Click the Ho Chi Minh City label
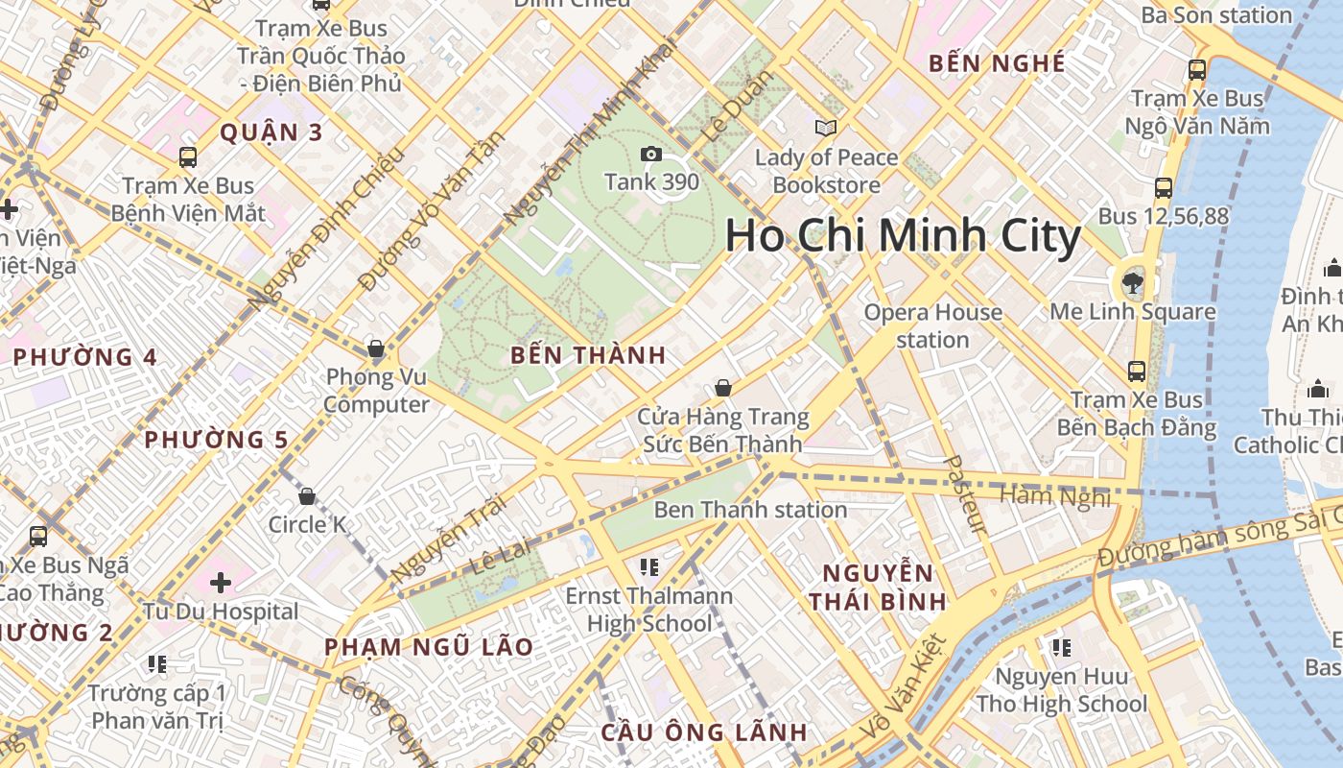tap(903, 236)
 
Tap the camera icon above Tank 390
tap(650, 154)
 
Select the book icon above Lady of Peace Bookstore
tap(825, 128)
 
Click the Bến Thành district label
tap(588, 355)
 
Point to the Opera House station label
tap(932, 325)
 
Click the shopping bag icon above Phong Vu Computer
tap(376, 348)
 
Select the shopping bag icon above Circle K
tap(307, 496)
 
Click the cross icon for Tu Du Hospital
tap(221, 582)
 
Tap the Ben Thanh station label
tap(750, 510)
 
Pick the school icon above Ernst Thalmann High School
tap(649, 567)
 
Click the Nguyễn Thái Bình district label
tap(877, 588)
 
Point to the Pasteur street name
tap(965, 493)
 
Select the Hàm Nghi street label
tap(1054, 496)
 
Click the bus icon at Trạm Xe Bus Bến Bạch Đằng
tap(1137, 371)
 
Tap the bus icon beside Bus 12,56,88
tap(1164, 188)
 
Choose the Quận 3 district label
tap(271, 132)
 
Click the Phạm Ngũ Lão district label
tap(428, 647)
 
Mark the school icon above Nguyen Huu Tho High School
tap(1061, 648)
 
